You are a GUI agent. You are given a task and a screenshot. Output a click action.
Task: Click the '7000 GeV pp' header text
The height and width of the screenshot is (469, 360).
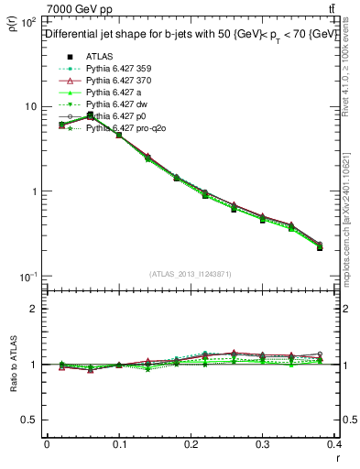click(81, 8)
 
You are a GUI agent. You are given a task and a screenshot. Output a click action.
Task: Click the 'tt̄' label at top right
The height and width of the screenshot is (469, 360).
click(332, 8)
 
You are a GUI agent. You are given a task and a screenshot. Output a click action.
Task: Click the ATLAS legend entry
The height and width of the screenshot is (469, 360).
click(100, 58)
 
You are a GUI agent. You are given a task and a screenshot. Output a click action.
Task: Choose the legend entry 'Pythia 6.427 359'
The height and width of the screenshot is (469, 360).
click(120, 70)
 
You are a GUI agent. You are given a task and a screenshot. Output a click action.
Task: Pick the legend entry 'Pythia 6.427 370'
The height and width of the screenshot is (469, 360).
click(120, 82)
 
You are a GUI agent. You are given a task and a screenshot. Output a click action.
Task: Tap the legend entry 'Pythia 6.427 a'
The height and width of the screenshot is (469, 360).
click(115, 93)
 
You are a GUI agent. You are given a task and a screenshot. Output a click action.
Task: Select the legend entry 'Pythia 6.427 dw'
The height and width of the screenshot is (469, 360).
click(117, 105)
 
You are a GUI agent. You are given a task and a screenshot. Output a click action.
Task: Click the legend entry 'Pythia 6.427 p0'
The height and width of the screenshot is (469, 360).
click(117, 117)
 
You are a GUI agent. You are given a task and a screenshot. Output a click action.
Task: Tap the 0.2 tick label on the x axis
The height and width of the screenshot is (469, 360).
click(191, 447)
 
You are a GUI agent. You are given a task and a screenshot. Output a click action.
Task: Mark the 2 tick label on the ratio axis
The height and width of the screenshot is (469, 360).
click(35, 309)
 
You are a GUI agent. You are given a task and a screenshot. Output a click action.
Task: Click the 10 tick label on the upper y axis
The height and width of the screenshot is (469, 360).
click(28, 106)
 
